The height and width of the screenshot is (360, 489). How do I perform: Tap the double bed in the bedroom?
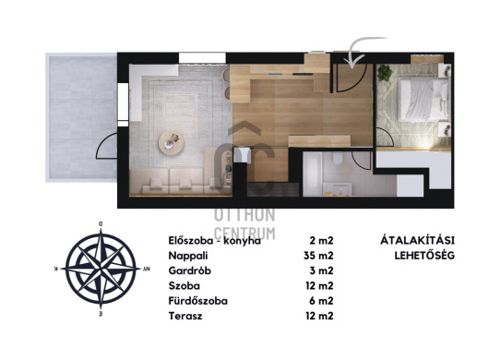[423, 100]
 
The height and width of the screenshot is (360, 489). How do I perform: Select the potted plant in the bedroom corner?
[385, 73]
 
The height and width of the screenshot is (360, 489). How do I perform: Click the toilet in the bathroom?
[338, 158]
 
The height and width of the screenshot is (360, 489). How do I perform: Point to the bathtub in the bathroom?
[313, 174]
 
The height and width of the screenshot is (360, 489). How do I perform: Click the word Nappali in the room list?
[188, 256]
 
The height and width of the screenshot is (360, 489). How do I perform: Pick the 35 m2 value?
[318, 256]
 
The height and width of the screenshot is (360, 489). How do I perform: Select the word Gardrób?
[190, 270]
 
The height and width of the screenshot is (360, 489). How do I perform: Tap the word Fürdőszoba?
[198, 301]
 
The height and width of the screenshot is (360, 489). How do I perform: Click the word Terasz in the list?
[185, 316]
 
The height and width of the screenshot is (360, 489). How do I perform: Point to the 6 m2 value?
[321, 301]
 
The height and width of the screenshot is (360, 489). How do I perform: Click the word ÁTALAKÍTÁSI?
[417, 241]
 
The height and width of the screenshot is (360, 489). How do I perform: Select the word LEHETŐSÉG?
[424, 256]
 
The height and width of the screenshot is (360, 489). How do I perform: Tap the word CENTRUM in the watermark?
[244, 233]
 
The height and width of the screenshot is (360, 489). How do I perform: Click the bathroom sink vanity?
[338, 189]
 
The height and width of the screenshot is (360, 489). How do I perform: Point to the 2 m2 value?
[321, 241]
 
